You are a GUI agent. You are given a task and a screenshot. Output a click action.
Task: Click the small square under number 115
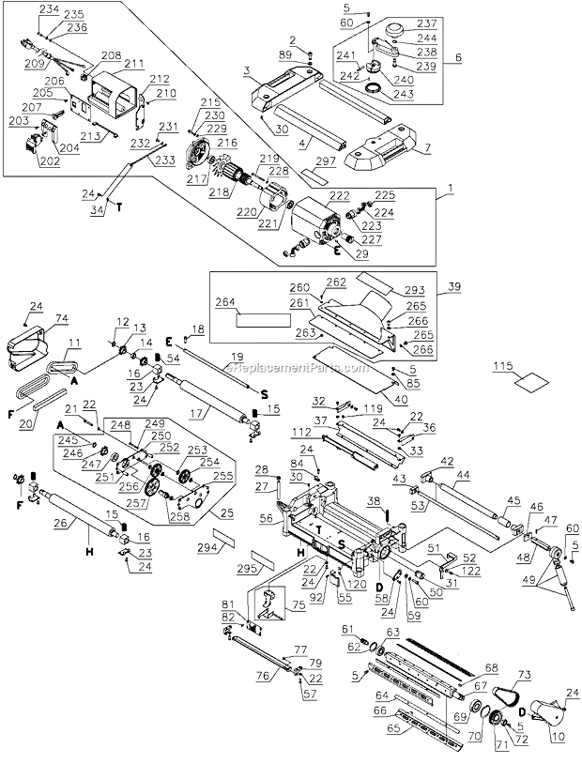coord(509,385)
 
